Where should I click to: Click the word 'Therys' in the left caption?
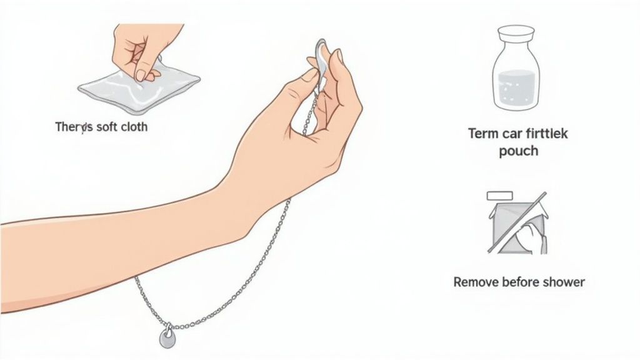74,126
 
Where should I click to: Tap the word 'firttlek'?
545,133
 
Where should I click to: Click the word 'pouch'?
518,151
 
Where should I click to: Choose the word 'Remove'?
476,282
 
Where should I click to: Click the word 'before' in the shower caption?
521,282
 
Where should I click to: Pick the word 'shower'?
564,282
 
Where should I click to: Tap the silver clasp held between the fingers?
320,56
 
